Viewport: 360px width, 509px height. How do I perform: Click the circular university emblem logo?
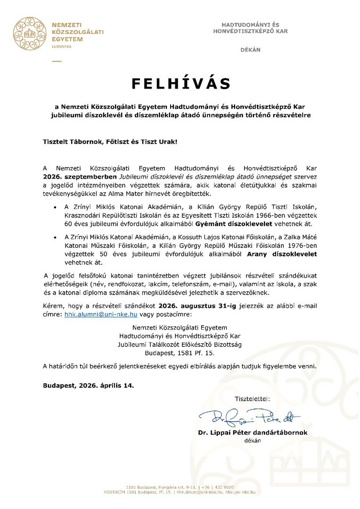point(29,33)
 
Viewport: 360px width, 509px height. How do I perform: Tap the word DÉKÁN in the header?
point(250,49)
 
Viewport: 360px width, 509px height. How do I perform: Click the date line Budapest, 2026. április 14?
point(88,385)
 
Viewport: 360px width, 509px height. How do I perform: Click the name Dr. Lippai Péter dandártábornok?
point(253,432)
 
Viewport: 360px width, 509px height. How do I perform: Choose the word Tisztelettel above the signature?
point(253,399)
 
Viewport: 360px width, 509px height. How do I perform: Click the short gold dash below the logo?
point(57,61)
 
